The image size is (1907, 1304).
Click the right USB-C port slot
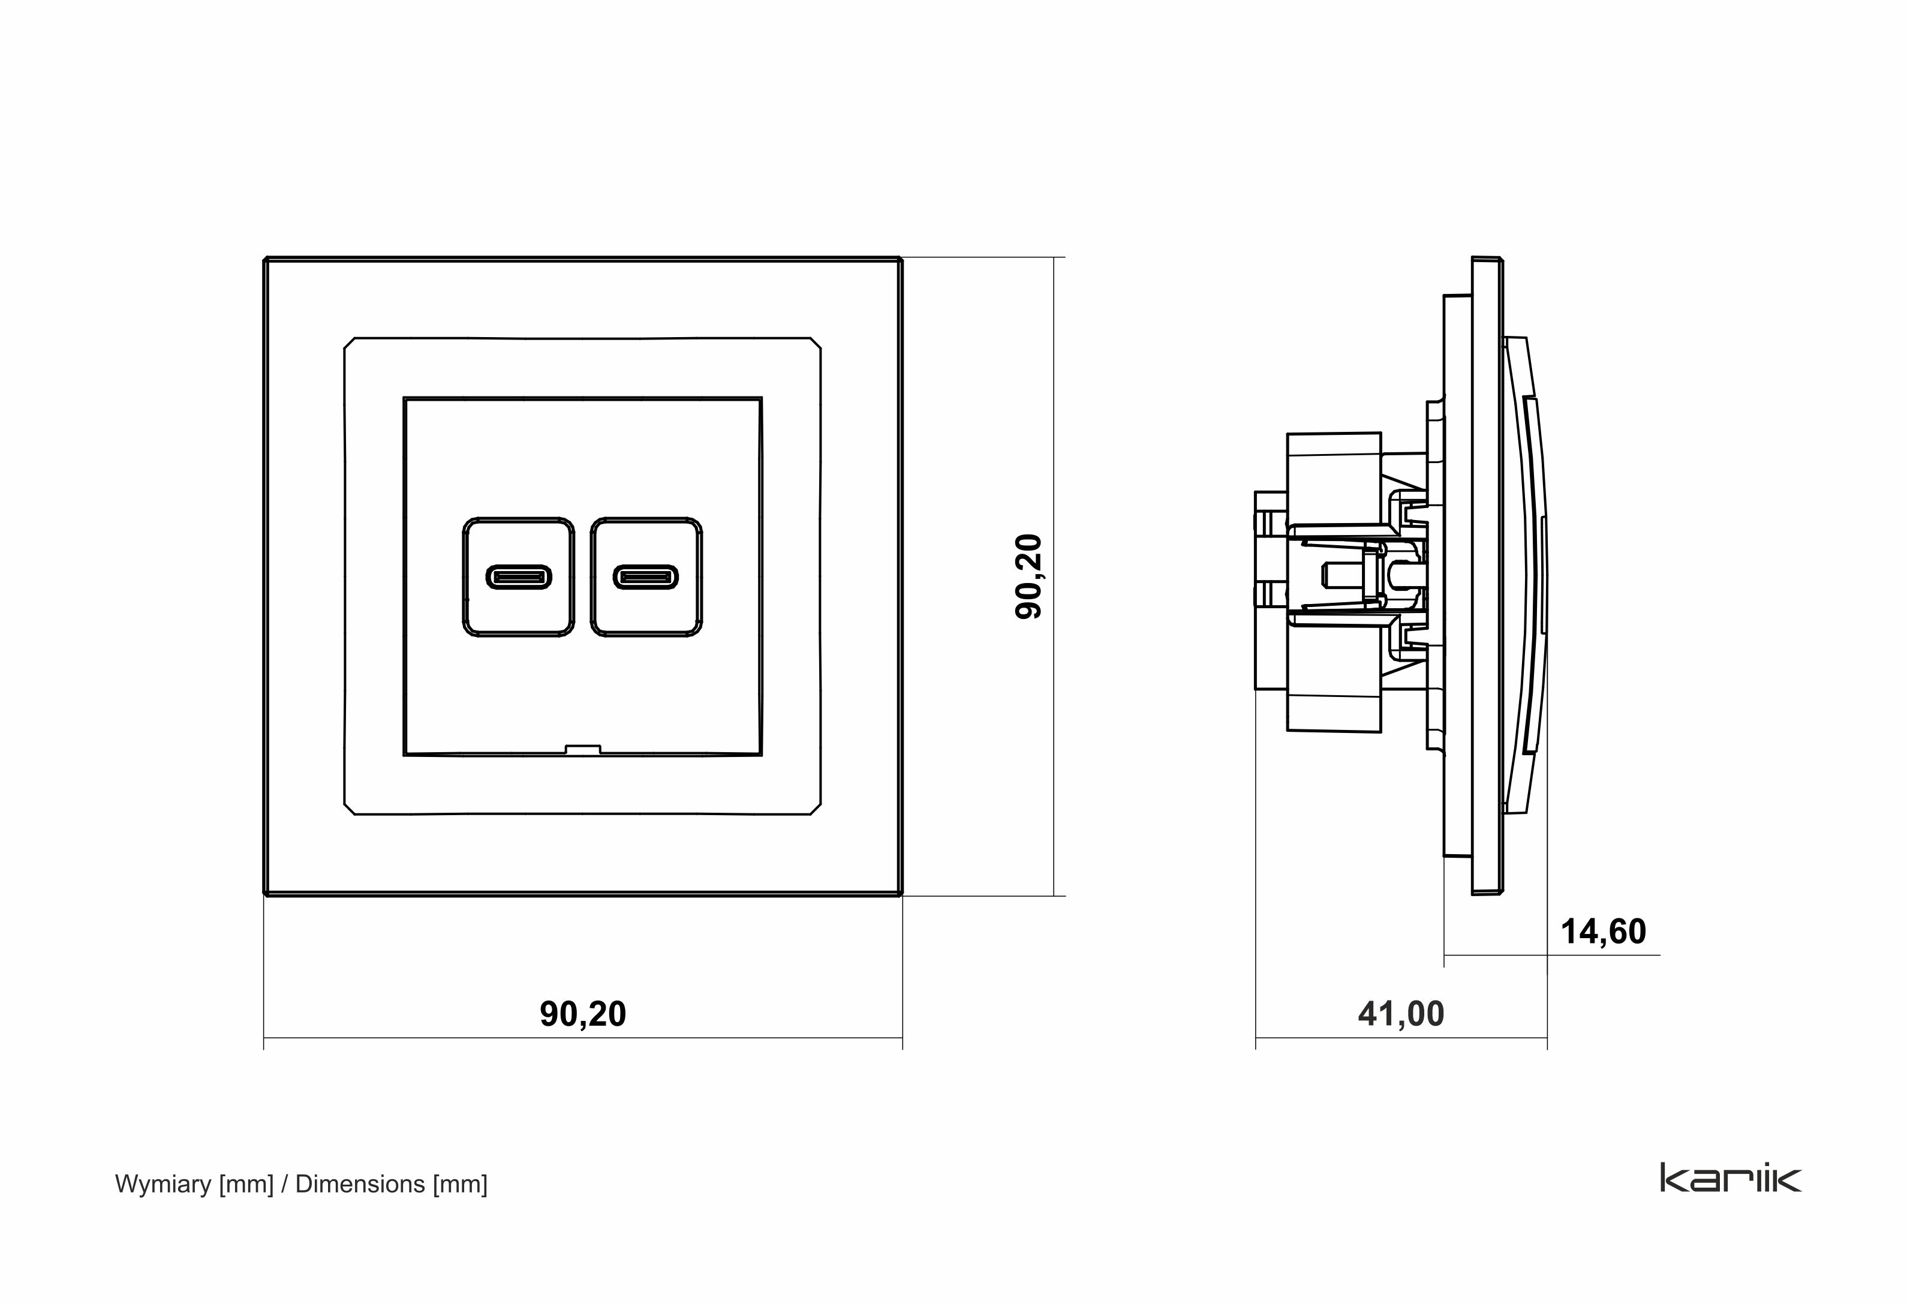point(646,577)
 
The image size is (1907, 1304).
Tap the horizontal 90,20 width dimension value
point(583,1014)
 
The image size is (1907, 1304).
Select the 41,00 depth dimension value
point(1401,1014)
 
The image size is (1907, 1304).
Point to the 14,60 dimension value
point(1602,932)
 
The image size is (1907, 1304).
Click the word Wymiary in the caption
point(163,1184)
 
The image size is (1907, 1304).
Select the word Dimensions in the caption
point(360,1184)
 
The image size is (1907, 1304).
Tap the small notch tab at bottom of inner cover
point(583,749)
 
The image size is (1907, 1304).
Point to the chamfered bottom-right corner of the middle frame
point(815,809)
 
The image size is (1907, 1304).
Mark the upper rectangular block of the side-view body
point(1334,459)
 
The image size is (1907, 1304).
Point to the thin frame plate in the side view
point(1487,575)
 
